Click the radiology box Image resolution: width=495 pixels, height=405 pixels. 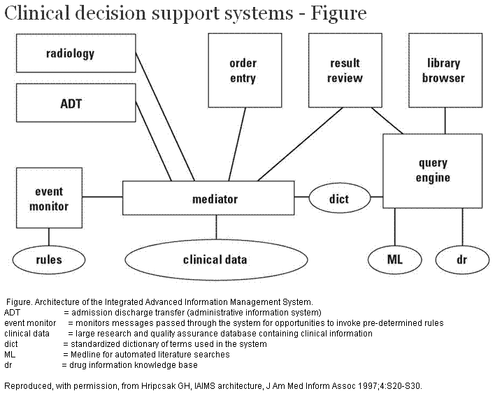70,54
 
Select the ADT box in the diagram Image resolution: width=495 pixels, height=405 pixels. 70,103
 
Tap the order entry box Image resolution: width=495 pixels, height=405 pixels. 243,71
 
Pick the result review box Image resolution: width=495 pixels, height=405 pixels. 345,71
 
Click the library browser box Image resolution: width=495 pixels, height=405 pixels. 443,71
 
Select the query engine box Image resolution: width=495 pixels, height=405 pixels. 433,170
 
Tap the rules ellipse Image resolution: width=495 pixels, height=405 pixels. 49,260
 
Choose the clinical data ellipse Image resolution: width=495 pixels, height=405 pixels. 215,260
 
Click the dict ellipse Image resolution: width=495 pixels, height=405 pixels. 339,199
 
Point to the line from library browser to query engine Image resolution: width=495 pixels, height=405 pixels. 444,120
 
